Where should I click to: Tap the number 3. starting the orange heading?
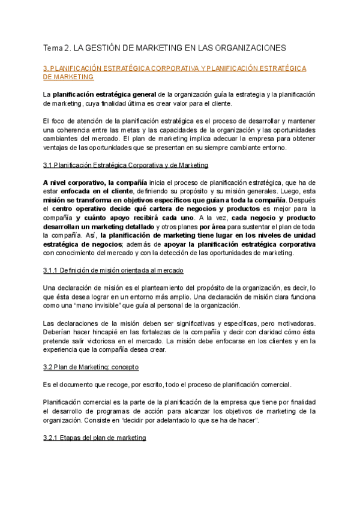tap(46, 68)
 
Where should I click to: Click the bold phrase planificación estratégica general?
tap(104, 95)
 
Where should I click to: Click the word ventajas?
tap(57, 148)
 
